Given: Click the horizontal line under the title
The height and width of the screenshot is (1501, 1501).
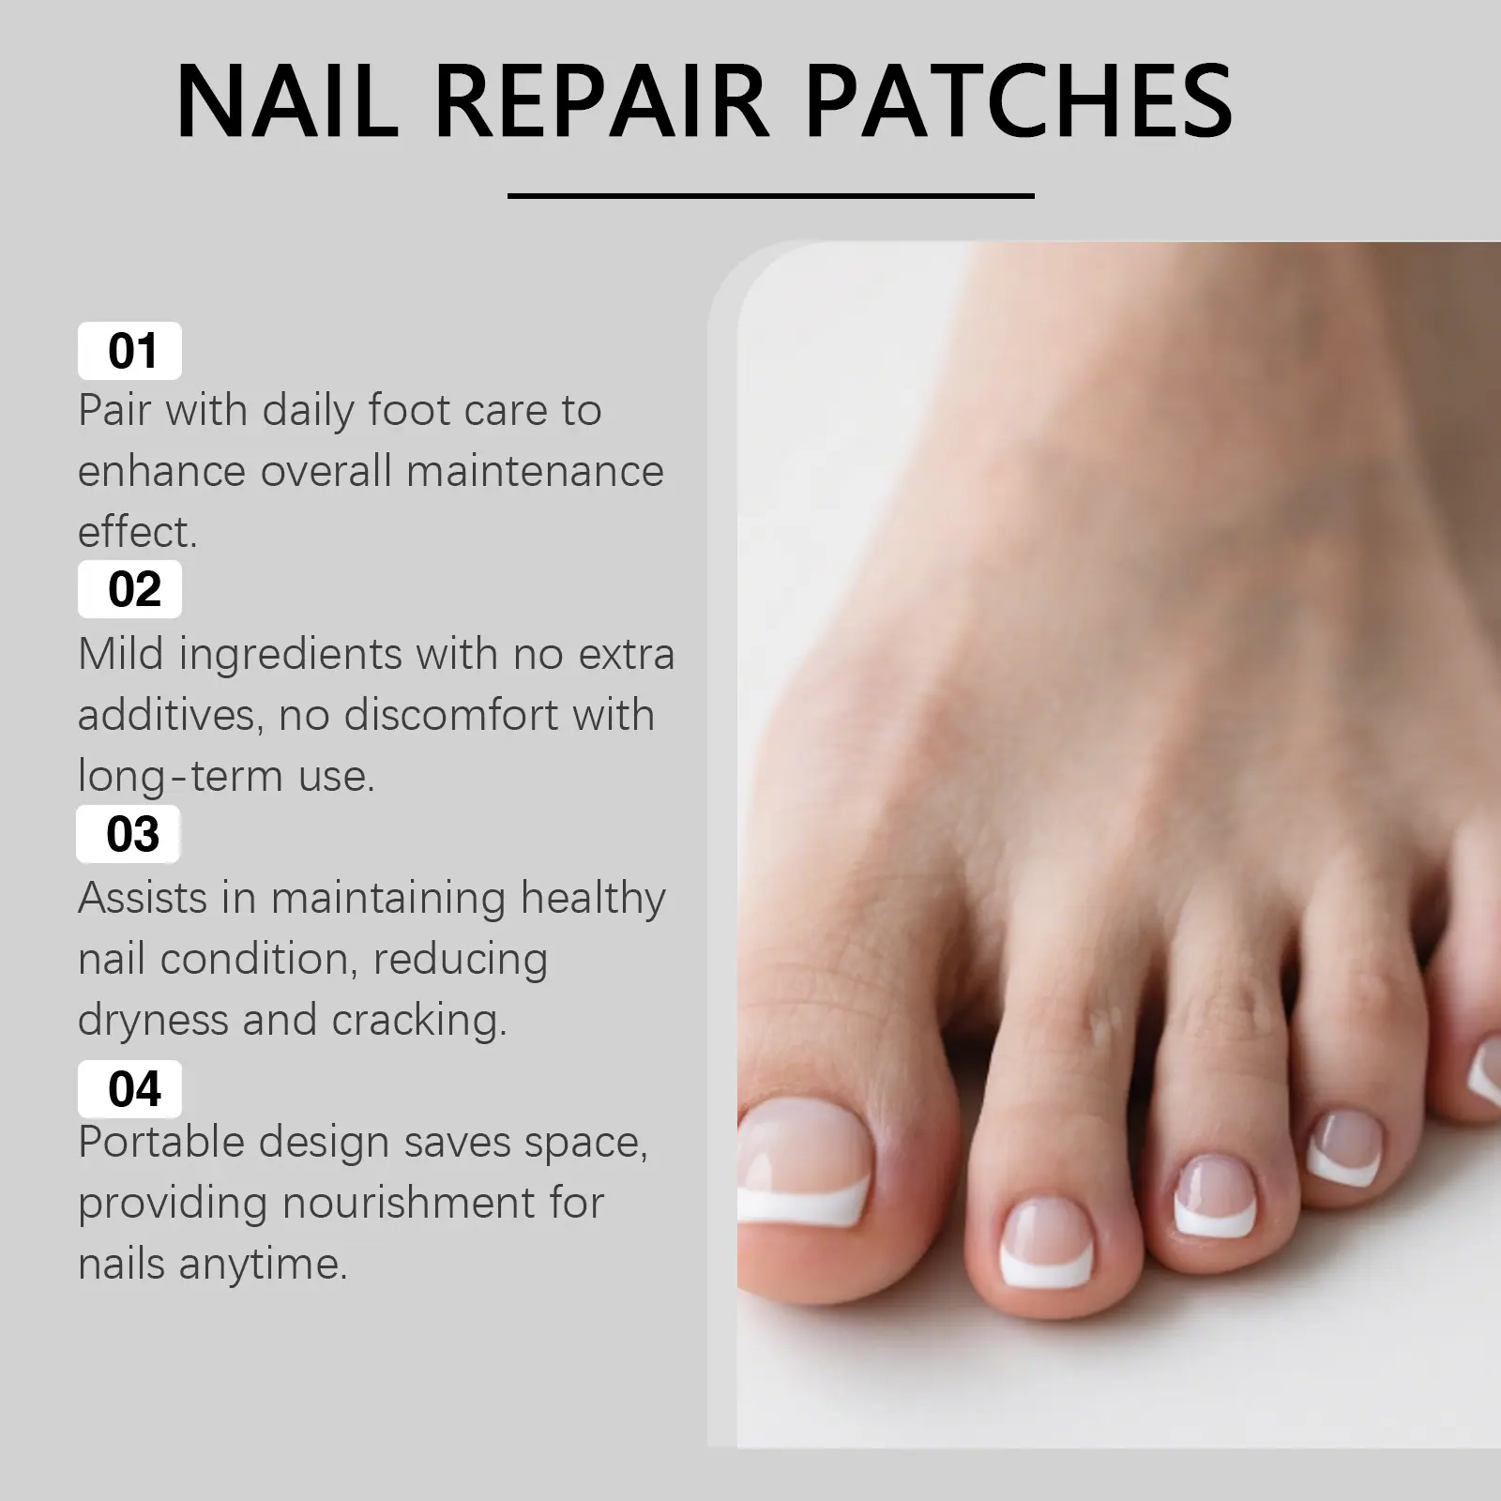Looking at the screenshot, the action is [x=770, y=196].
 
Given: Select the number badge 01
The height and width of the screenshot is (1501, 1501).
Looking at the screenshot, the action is [x=129, y=351].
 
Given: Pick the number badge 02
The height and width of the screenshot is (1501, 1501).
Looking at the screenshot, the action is [x=129, y=589].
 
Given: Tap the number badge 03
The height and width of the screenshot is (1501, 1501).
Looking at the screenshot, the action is [x=129, y=834].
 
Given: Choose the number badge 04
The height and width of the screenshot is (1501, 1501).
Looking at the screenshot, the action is [x=129, y=1089].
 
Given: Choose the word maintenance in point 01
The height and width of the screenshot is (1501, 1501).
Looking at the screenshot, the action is [x=535, y=472].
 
